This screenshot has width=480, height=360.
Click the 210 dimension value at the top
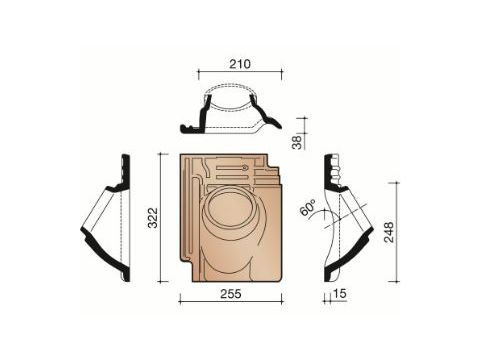coord(239,63)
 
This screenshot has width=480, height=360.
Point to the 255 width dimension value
coord(230,309)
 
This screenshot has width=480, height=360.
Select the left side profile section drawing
coord(108,217)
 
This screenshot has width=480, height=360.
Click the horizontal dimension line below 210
coord(239,74)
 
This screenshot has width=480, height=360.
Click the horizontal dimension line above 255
coord(230,298)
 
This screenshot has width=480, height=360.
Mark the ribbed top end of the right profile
coord(333,174)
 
